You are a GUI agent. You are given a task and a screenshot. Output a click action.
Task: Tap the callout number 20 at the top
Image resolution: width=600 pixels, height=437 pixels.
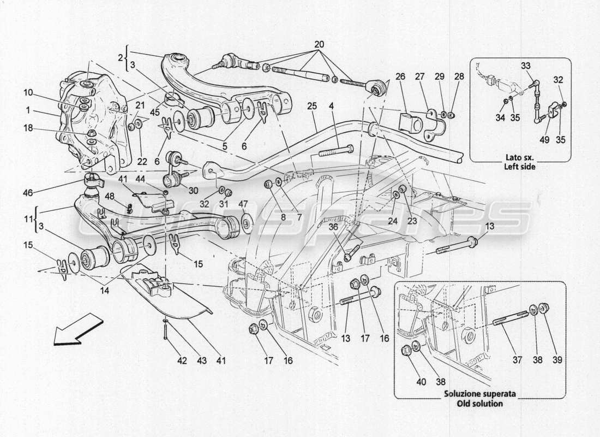(319, 44)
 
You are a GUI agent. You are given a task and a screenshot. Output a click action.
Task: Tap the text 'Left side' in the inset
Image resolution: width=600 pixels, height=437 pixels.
(520, 167)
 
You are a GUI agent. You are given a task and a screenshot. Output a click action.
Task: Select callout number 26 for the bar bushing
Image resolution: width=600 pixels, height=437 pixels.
(400, 77)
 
